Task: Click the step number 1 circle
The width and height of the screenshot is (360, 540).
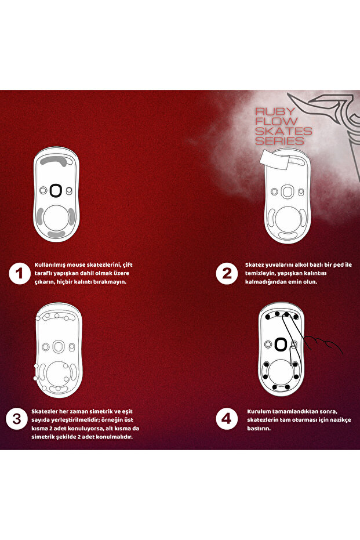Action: (20, 274)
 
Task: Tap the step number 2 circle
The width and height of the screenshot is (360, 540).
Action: (226, 274)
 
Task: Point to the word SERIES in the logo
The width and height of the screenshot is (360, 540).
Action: (280, 141)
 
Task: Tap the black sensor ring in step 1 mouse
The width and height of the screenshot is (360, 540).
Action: (56, 190)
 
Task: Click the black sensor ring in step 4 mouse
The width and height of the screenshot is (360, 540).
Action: (281, 344)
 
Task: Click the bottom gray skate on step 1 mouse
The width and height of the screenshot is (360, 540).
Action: (57, 234)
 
